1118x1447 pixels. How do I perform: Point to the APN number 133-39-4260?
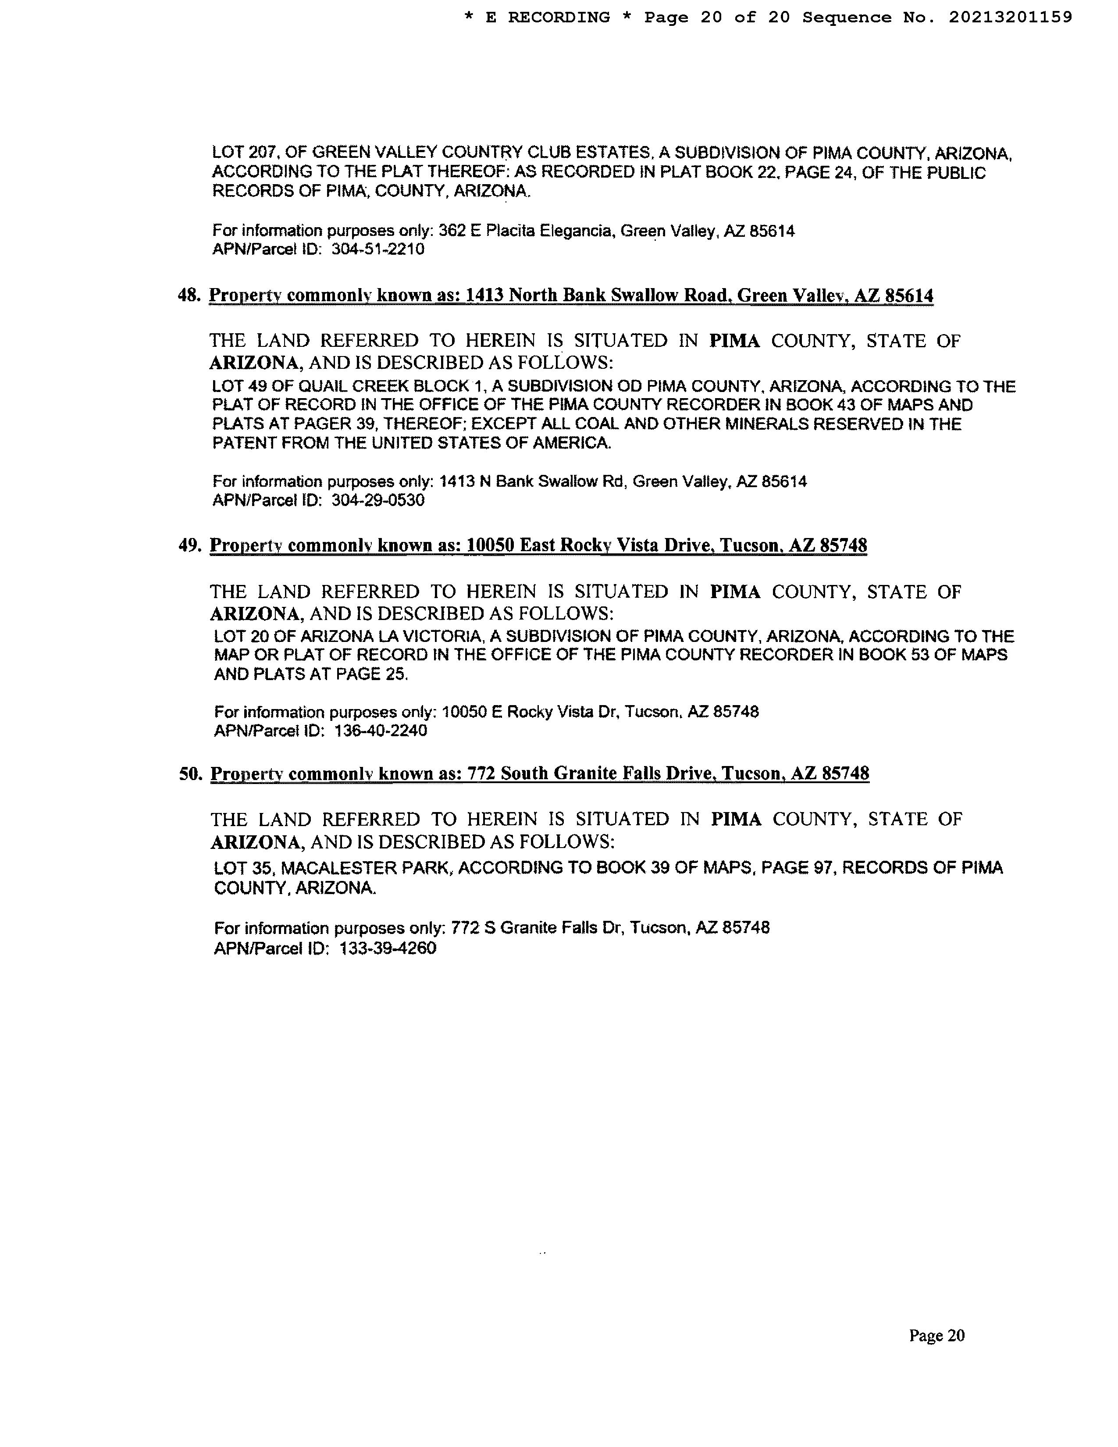click(388, 948)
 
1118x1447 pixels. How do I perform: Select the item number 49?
click(189, 545)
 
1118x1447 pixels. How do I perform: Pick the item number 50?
click(190, 773)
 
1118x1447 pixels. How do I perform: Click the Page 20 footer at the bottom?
click(936, 1336)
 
